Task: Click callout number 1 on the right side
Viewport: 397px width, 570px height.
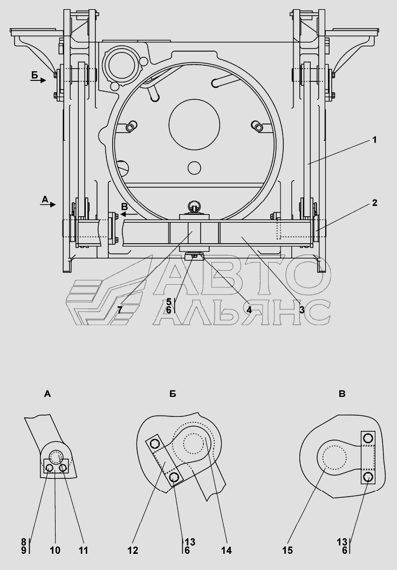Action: (374, 140)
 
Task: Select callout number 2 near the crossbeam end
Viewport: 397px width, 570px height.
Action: (375, 203)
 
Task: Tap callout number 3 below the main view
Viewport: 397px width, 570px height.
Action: (302, 310)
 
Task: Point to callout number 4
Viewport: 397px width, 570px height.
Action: (249, 310)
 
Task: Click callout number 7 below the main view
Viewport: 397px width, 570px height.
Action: (120, 310)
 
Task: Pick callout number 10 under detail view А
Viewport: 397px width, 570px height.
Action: (55, 551)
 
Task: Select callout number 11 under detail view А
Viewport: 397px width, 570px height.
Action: (84, 551)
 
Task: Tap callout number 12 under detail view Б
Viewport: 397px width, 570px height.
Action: (133, 551)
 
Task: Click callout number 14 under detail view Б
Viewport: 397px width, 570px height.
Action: (226, 551)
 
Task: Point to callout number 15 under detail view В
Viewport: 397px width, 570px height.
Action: (287, 551)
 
